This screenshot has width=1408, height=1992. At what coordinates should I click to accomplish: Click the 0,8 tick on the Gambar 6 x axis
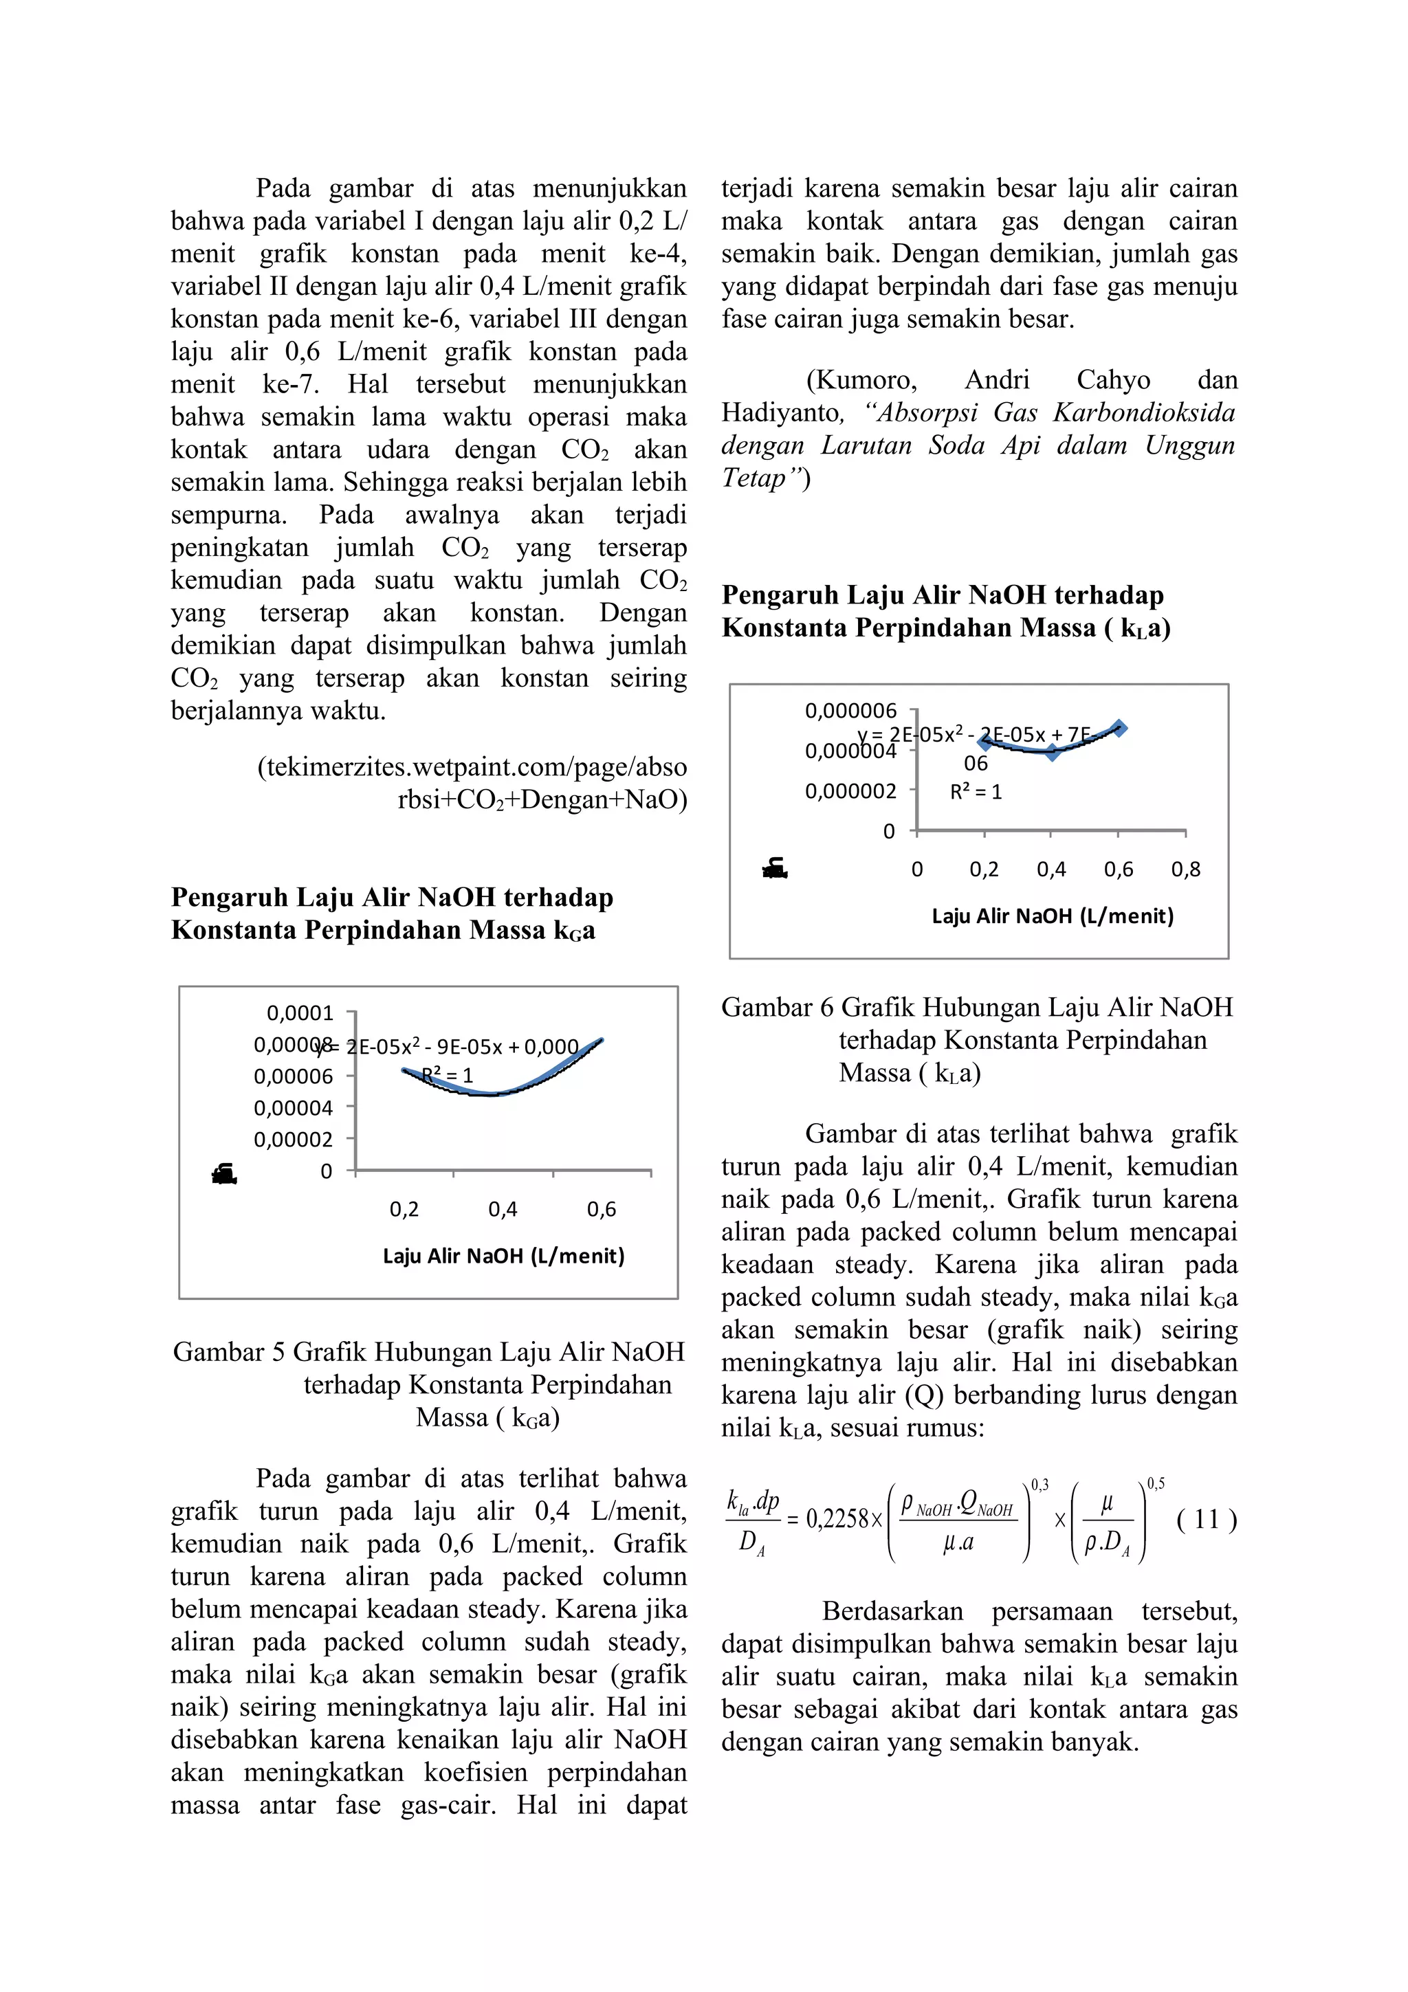pyautogui.click(x=1186, y=870)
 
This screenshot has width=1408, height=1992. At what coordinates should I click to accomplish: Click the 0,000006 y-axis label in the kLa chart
pyautogui.click(x=850, y=711)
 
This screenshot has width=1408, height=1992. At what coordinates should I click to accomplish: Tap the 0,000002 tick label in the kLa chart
pyautogui.click(x=850, y=791)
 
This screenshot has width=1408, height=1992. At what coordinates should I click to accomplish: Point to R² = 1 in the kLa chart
pyautogui.click(x=976, y=792)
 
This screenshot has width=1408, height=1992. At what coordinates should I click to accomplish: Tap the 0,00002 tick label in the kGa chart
pyautogui.click(x=294, y=1139)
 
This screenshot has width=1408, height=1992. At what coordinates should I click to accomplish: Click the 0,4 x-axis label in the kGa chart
pyautogui.click(x=503, y=1210)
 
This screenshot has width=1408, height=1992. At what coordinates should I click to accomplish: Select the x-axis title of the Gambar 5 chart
pyautogui.click(x=503, y=1257)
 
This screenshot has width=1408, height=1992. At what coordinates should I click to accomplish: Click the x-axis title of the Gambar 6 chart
pyautogui.click(x=1053, y=916)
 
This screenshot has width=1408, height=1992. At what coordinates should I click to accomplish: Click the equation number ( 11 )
pyautogui.click(x=1206, y=1519)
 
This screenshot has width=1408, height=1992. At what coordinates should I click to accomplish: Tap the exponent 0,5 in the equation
pyautogui.click(x=1156, y=1485)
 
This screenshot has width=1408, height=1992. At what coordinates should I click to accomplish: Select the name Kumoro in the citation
pyautogui.click(x=861, y=380)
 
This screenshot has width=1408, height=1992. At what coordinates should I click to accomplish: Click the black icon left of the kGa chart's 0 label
pyautogui.click(x=225, y=1175)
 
